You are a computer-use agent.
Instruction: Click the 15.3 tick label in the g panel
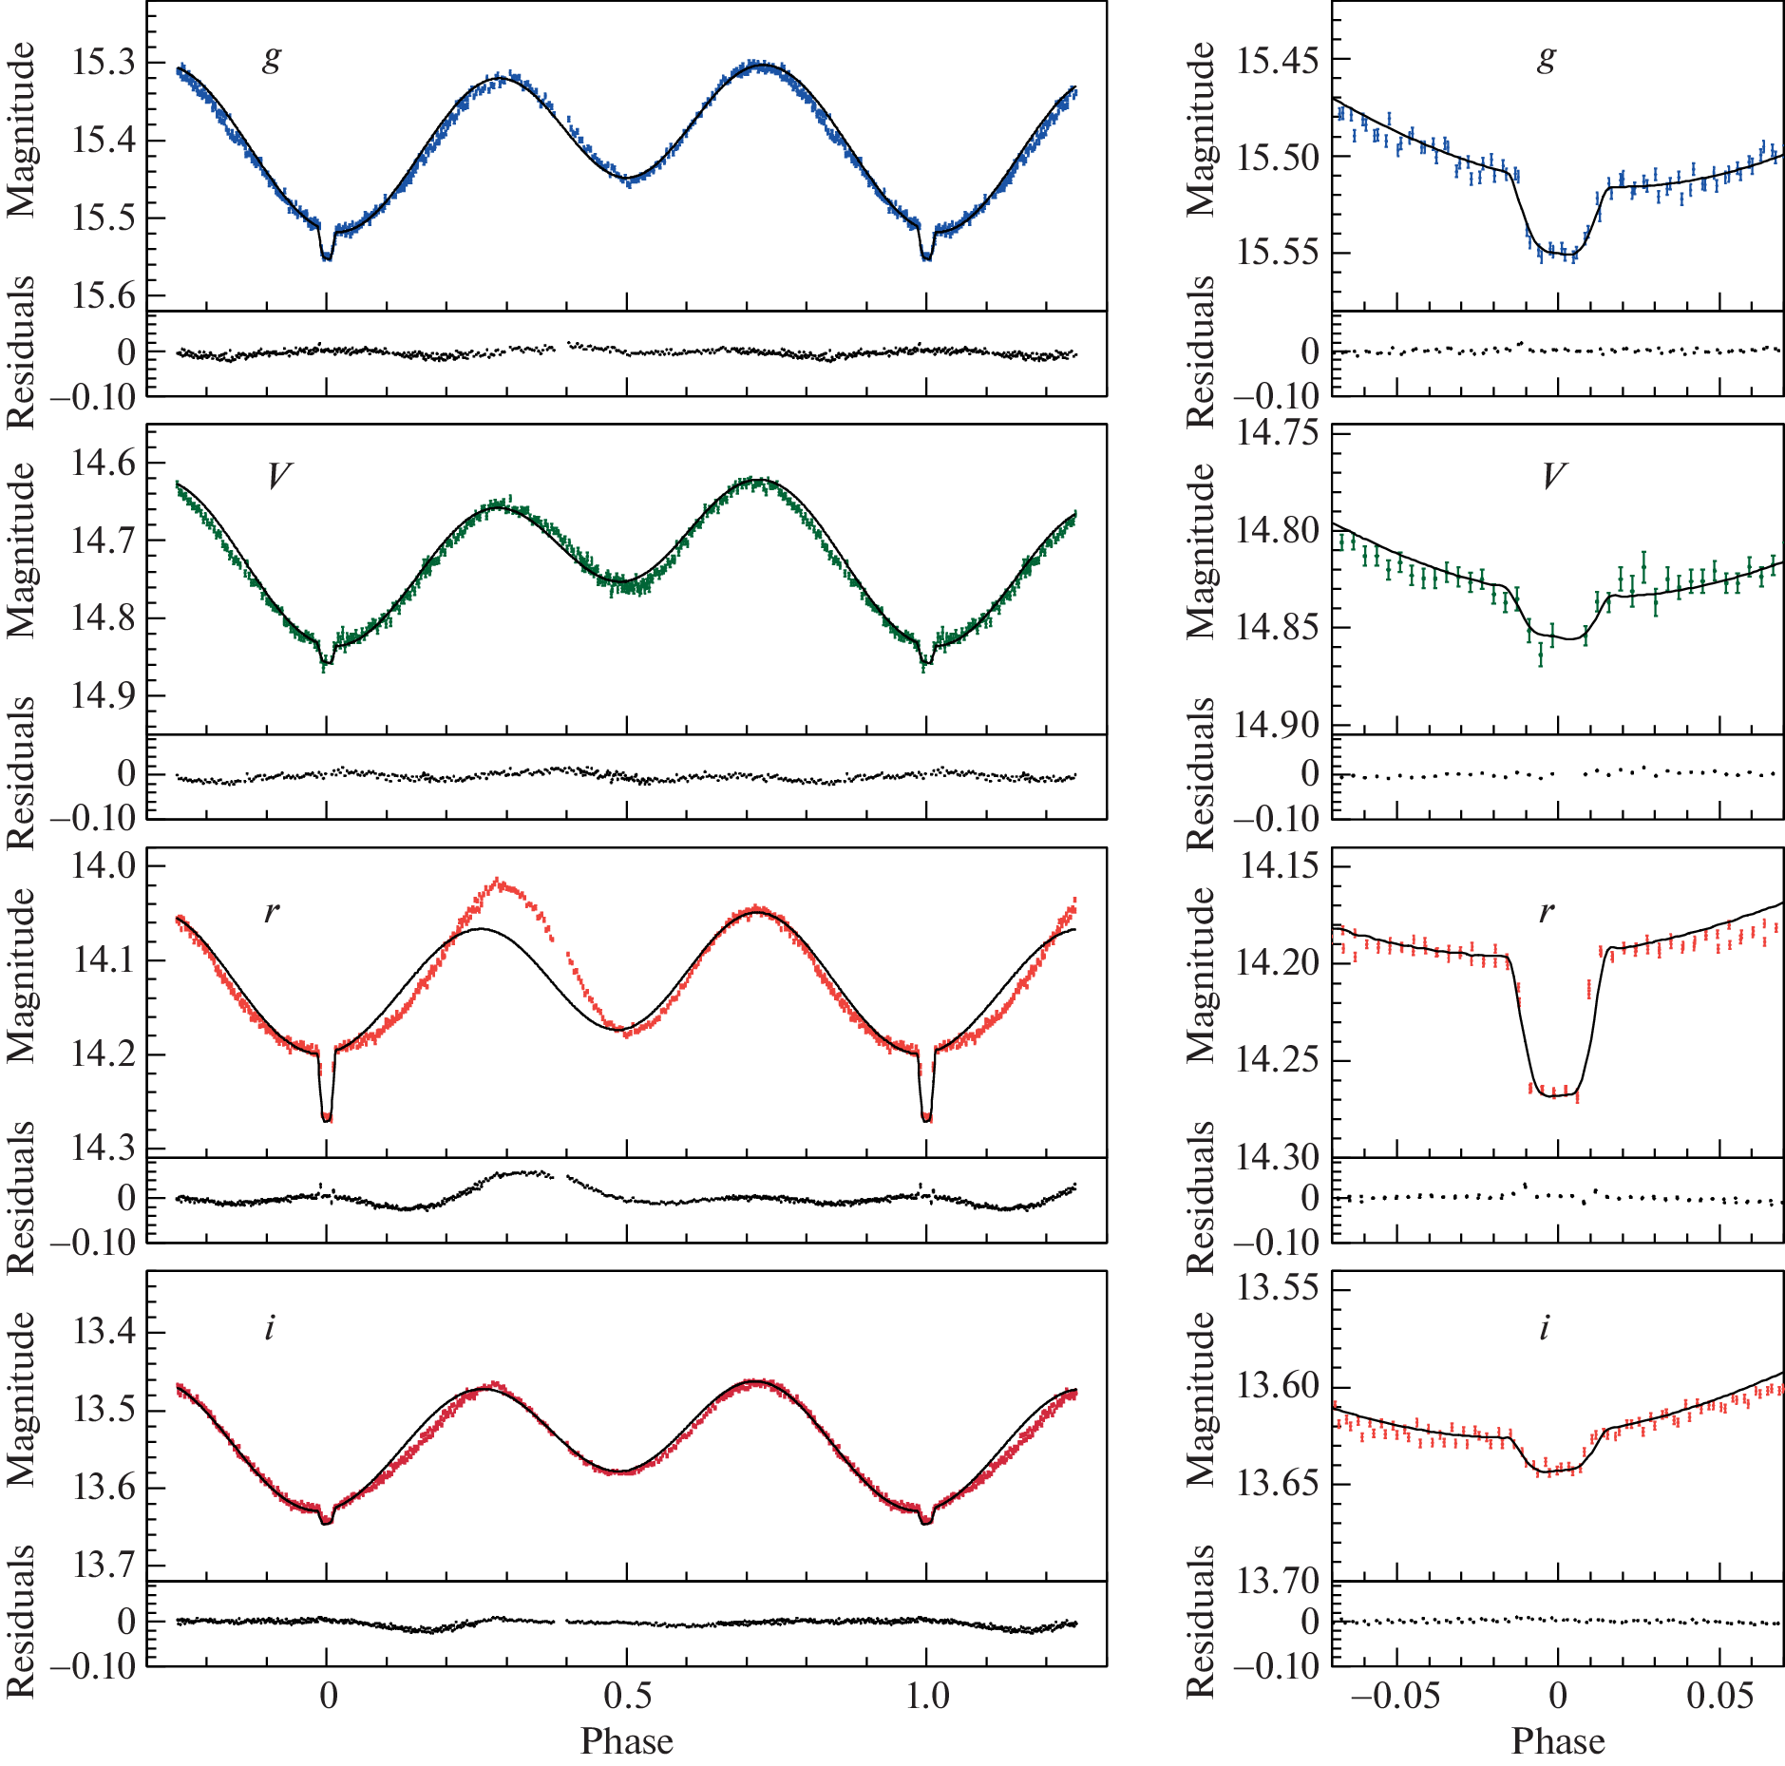pyautogui.click(x=104, y=63)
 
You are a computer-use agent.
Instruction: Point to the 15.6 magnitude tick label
pyautogui.click(x=104, y=295)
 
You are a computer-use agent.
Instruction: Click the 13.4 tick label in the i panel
pyautogui.click(x=104, y=1332)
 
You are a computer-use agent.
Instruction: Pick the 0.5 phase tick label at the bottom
pyautogui.click(x=627, y=1697)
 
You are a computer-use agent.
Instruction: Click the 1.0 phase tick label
pyautogui.click(x=926, y=1697)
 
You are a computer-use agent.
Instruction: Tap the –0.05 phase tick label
pyautogui.click(x=1395, y=1697)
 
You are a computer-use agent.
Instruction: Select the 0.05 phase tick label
pyautogui.click(x=1719, y=1697)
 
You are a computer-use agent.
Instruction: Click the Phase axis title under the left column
pyautogui.click(x=627, y=1741)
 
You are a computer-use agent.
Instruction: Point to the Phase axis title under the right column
pyautogui.click(x=1558, y=1741)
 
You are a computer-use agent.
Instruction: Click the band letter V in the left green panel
pyautogui.click(x=278, y=476)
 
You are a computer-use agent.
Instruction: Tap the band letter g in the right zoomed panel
pyautogui.click(x=1547, y=59)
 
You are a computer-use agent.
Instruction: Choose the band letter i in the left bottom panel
pyautogui.click(x=270, y=1327)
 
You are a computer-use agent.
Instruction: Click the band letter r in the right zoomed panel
pyautogui.click(x=1547, y=913)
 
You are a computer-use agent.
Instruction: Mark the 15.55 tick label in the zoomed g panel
pyautogui.click(x=1279, y=254)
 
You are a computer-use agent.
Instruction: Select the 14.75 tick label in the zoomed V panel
pyautogui.click(x=1279, y=432)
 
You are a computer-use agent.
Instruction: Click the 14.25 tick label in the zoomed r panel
pyautogui.click(x=1279, y=1059)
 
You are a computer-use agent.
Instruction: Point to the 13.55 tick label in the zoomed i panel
pyautogui.click(x=1279, y=1288)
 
